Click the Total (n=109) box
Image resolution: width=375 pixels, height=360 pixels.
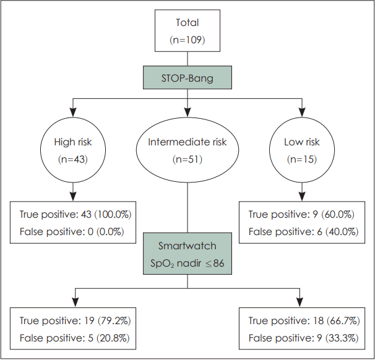(x=187, y=30)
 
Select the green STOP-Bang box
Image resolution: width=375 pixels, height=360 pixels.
(x=187, y=77)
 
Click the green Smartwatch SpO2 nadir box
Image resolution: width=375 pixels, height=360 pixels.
(x=187, y=254)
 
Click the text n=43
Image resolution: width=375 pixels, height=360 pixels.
(x=73, y=159)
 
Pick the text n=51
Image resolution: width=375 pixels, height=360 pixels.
(x=187, y=159)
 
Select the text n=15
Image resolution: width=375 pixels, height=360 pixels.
(x=302, y=159)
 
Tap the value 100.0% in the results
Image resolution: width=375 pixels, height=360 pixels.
(x=113, y=214)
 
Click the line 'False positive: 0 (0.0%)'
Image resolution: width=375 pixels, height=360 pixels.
(x=72, y=231)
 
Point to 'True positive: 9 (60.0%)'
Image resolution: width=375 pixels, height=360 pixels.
(x=301, y=214)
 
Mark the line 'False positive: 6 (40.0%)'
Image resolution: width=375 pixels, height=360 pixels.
(x=303, y=231)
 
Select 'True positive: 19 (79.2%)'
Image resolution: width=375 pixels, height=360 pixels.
(x=75, y=320)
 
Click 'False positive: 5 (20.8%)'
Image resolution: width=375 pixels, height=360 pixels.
(x=74, y=338)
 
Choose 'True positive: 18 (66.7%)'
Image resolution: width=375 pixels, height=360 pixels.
(x=304, y=320)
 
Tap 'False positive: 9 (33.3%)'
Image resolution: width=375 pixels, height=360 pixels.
(x=303, y=338)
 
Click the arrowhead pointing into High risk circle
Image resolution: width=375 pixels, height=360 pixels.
(x=73, y=113)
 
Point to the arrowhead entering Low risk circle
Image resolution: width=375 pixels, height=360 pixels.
(x=302, y=113)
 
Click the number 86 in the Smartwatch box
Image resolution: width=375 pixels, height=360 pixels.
(x=218, y=263)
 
